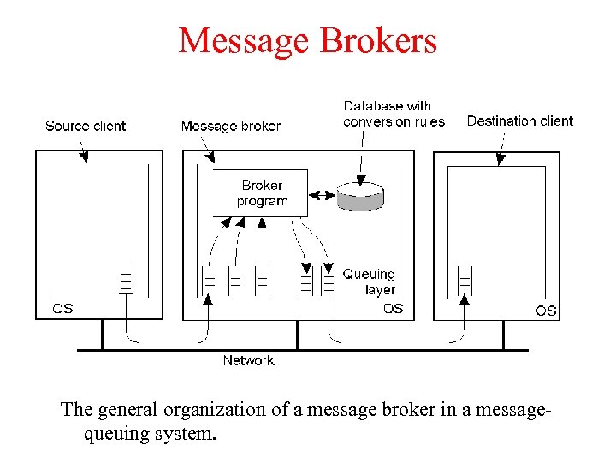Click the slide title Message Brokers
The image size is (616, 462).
[x=307, y=40]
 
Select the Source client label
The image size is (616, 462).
[x=85, y=126]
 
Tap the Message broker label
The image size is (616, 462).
[x=230, y=126]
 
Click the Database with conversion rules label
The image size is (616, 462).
[x=394, y=114]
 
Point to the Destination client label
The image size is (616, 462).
[x=519, y=121]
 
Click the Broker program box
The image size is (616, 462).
[x=261, y=193]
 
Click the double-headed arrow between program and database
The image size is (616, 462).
[x=322, y=195]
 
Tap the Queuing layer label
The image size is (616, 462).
[x=369, y=281]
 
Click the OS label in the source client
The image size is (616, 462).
[x=62, y=308]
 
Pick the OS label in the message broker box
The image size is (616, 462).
[x=393, y=308]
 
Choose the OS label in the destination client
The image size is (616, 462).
[x=546, y=310]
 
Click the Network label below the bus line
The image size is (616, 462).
[x=248, y=360]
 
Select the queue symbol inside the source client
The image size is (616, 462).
[x=127, y=281]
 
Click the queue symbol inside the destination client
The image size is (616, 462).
[x=465, y=281]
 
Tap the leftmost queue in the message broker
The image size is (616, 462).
[x=208, y=281]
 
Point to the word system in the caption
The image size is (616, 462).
[x=186, y=434]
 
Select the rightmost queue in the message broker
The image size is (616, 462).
[x=329, y=281]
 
